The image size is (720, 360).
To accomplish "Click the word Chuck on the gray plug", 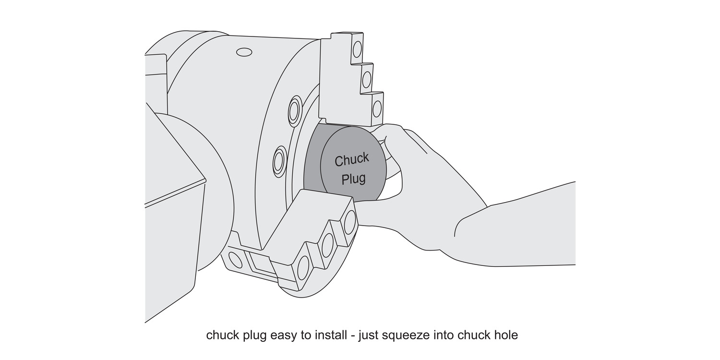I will coord(352,160).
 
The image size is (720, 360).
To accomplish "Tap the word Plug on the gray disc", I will coord(353,179).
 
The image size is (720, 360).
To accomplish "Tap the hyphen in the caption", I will coord(352,336).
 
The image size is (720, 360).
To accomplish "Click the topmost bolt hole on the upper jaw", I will coord(357,49).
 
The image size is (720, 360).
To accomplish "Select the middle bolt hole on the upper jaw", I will coord(367,79).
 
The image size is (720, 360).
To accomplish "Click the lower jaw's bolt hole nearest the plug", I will coord(349,222).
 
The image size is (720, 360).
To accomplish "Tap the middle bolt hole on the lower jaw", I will coord(328,244).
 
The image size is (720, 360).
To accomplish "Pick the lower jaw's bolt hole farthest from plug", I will coord(303,268).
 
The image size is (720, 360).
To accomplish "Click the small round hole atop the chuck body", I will coord(244,51).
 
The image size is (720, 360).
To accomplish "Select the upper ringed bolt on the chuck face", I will coord(294,111).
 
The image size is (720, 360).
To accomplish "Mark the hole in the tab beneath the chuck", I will coord(236,260).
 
